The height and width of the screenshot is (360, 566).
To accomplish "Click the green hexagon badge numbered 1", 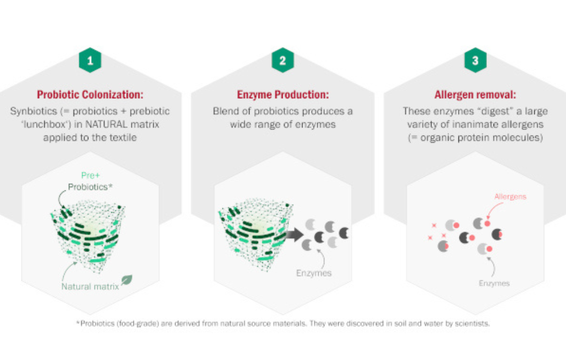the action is [x=90, y=60].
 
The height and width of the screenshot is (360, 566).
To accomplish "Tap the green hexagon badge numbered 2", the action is [x=283, y=60].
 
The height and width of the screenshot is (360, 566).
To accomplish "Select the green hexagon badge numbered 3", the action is [x=475, y=60].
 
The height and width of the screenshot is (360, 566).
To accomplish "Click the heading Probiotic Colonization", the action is [x=90, y=94].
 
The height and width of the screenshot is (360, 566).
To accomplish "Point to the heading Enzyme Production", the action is [x=283, y=94].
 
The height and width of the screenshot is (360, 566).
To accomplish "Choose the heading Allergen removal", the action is [x=475, y=94].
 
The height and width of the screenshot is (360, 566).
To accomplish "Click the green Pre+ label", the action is [x=90, y=175].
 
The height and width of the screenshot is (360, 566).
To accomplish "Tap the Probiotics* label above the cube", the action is [x=90, y=187].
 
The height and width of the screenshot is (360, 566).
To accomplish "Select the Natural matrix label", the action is [x=90, y=286].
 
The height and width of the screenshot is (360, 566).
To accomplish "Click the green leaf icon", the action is [x=127, y=279].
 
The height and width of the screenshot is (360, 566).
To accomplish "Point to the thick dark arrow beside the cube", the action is [x=295, y=234].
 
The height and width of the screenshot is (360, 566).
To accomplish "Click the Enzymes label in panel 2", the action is [x=313, y=273].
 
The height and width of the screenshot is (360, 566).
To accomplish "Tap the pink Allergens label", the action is [x=510, y=196].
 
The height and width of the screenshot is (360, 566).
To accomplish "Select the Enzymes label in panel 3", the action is [x=494, y=283].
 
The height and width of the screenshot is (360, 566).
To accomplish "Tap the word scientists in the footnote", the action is [x=472, y=324].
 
